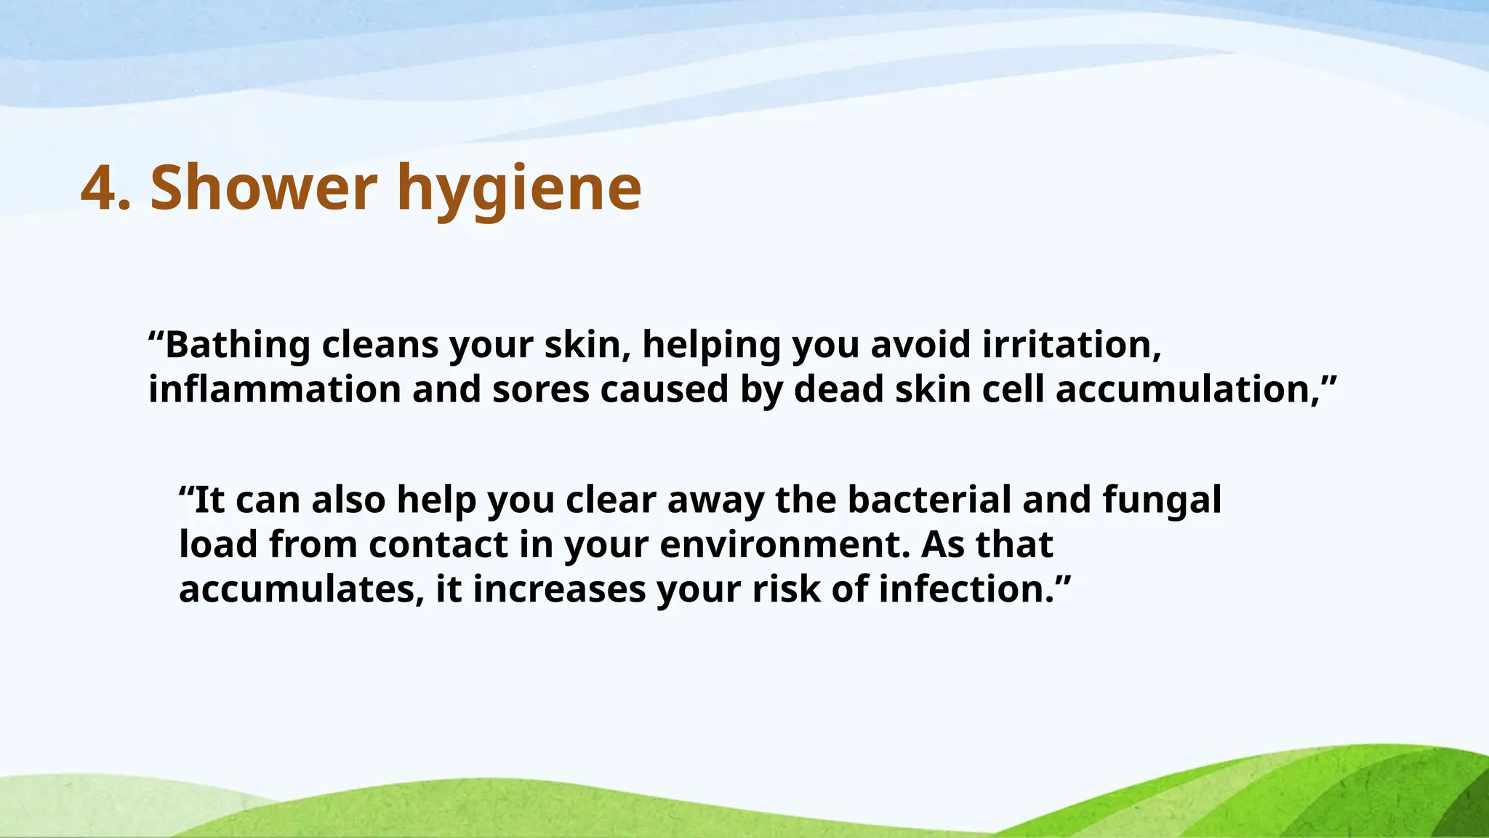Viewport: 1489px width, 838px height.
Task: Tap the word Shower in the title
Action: [263, 188]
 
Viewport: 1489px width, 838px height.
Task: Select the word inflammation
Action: [275, 390]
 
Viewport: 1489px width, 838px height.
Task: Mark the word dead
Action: [838, 390]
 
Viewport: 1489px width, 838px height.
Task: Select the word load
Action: [218, 545]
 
